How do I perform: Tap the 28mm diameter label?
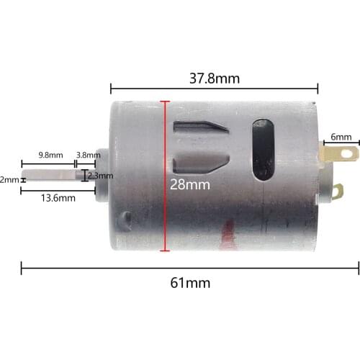click(x=190, y=184)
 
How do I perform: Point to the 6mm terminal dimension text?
click(x=341, y=137)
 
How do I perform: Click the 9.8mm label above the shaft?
click(x=51, y=155)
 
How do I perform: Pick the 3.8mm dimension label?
click(x=88, y=155)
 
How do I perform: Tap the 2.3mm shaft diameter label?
click(x=100, y=175)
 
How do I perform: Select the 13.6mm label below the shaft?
click(x=58, y=197)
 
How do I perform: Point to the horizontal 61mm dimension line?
click(x=108, y=269)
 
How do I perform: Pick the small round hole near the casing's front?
click(x=127, y=217)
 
